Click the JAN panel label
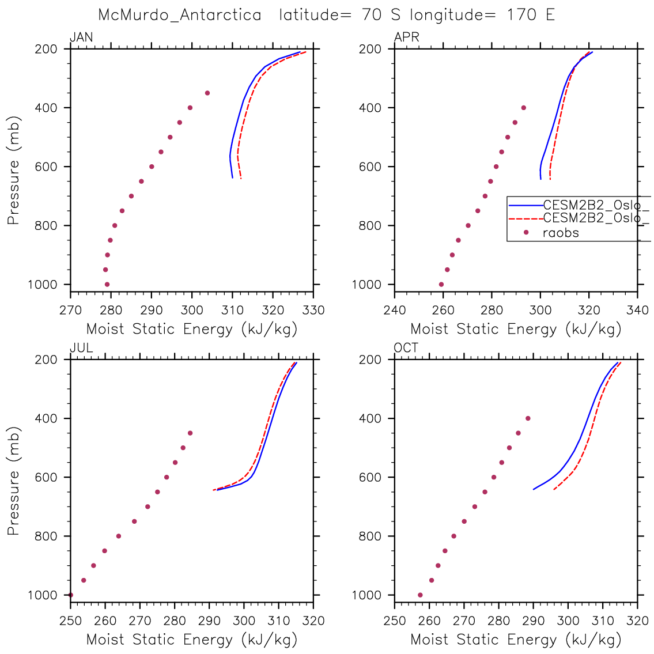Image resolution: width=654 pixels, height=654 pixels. [81, 38]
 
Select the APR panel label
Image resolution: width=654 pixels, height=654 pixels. [406, 38]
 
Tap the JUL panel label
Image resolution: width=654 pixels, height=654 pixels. [81, 348]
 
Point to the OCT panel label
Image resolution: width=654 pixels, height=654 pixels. [406, 348]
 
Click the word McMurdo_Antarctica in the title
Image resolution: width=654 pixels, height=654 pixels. [180, 15]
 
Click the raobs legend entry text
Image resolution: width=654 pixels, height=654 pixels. [561, 233]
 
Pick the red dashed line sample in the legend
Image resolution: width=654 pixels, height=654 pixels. [526, 218]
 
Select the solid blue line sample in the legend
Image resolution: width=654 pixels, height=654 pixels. [526, 205]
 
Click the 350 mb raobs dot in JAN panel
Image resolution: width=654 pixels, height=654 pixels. [207, 93]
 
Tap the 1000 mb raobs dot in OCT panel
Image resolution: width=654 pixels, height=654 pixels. [420, 595]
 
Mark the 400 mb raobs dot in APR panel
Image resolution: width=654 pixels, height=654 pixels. [524, 108]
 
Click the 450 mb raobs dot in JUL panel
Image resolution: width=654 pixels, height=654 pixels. [190, 433]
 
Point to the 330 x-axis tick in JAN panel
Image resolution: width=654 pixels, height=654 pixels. [313, 310]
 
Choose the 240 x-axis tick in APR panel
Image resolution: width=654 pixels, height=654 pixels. [395, 310]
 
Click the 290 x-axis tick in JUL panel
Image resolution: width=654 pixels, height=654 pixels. [209, 621]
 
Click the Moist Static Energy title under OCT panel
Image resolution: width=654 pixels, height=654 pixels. [516, 639]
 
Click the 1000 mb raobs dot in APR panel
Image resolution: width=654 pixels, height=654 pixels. [441, 284]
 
